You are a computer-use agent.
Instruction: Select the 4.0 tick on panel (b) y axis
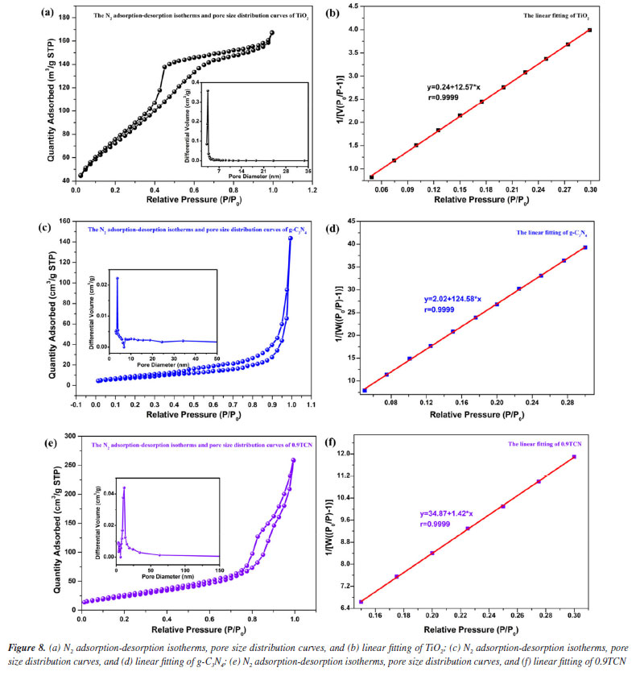pyautogui.click(x=345, y=29)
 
